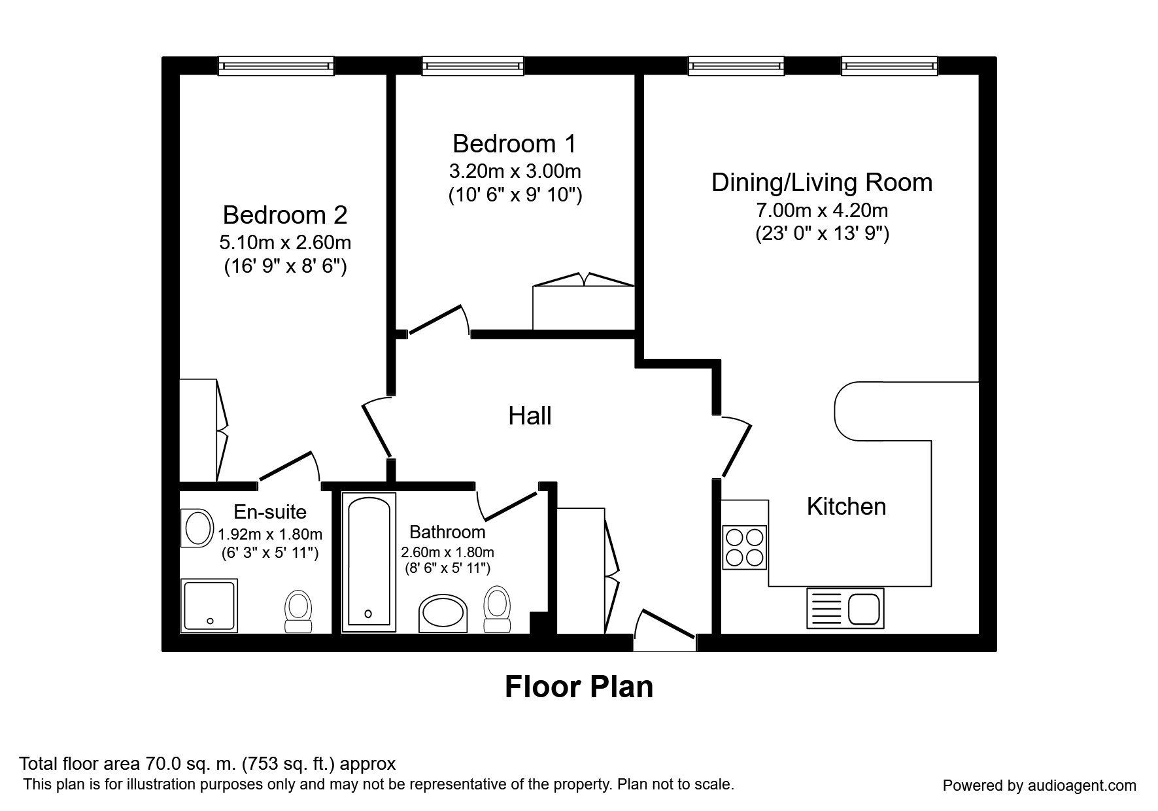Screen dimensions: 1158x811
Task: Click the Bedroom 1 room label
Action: click(515, 144)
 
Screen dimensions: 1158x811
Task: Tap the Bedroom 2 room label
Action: click(284, 215)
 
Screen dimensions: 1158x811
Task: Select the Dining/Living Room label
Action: click(822, 182)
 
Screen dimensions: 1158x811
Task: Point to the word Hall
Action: click(530, 416)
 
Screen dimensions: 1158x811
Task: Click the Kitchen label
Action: click(846, 506)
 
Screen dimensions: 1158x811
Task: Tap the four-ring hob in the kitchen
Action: click(745, 547)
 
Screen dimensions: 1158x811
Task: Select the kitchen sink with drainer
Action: click(845, 606)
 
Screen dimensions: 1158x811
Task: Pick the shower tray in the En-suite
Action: click(209, 605)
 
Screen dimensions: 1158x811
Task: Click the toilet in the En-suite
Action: click(299, 612)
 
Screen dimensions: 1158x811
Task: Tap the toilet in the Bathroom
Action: click(497, 609)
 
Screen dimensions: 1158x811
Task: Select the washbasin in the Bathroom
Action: click(443, 613)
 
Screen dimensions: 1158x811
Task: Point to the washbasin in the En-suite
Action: click(197, 528)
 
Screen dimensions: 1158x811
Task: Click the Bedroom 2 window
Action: click(276, 65)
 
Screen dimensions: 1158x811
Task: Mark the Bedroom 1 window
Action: click(473, 65)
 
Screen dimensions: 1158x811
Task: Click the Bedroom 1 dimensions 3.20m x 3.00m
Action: click(515, 171)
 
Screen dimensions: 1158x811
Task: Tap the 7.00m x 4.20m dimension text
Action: click(822, 211)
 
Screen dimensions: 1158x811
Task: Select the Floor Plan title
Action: click(579, 687)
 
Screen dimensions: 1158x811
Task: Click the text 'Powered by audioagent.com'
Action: click(1040, 785)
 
